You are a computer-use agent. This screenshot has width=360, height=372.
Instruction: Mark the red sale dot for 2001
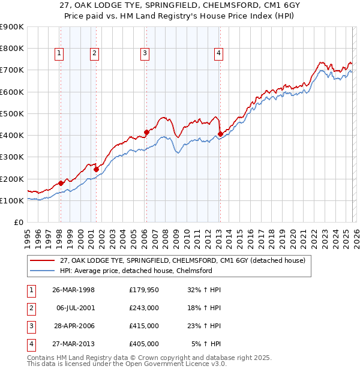(x=96, y=169)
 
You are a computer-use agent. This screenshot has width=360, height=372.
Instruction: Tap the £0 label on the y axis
(x=18, y=223)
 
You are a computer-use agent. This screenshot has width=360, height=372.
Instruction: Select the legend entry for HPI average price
(x=136, y=271)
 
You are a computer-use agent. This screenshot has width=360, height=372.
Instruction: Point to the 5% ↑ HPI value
(x=206, y=344)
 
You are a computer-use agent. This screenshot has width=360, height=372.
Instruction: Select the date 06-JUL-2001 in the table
(x=75, y=308)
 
